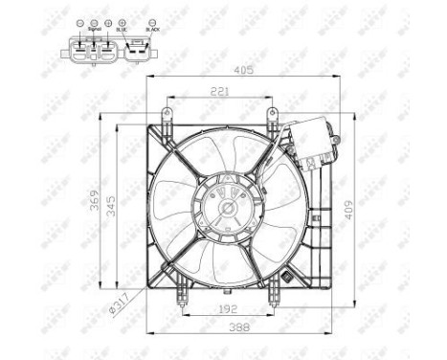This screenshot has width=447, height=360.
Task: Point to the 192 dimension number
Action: coord(228,309)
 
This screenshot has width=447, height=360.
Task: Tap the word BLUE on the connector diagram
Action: coord(122,30)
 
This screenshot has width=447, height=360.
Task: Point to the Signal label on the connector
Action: coord(94,30)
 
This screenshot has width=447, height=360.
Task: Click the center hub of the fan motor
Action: coord(228,205)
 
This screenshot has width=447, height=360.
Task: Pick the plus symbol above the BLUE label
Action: coord(123,21)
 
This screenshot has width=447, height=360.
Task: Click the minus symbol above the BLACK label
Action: coord(151,21)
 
